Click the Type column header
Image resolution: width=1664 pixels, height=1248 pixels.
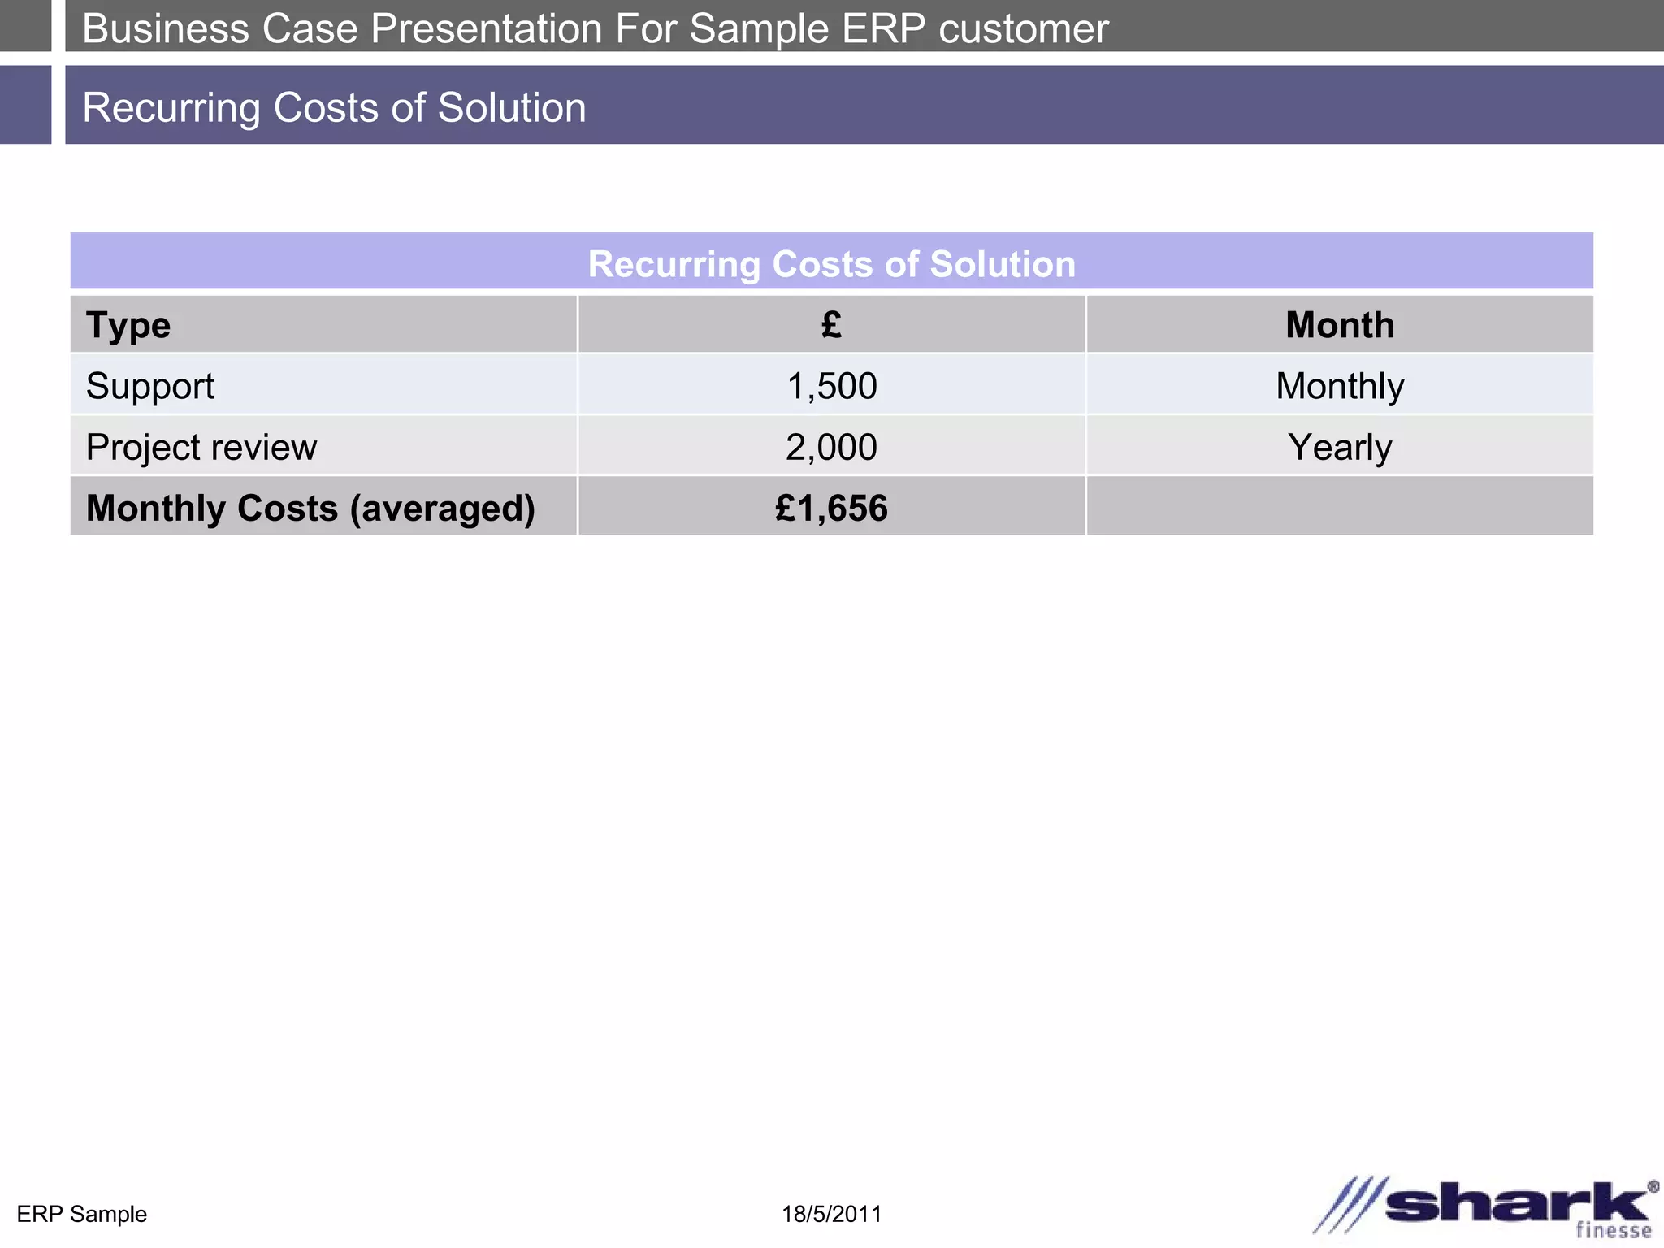[128, 325]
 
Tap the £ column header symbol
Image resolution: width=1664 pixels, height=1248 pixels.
[831, 325]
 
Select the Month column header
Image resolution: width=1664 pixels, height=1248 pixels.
[1340, 325]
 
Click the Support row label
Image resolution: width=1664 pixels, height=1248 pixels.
[150, 386]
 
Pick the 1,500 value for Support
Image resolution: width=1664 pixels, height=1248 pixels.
[832, 386]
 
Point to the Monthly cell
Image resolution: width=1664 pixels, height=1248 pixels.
[1340, 386]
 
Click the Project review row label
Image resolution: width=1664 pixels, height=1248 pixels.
[201, 447]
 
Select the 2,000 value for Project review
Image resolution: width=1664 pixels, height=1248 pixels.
[831, 447]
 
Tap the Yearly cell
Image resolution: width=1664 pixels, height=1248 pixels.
[1340, 447]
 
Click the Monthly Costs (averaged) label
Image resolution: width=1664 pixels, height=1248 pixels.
[310, 508]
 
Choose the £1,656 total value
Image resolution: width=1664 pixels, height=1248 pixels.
[831, 508]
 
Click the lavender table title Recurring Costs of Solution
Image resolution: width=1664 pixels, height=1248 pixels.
[831, 264]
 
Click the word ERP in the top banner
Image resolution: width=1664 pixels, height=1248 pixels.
[883, 28]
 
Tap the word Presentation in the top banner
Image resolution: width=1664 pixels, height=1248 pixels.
[486, 28]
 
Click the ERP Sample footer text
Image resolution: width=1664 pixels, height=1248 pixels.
[81, 1214]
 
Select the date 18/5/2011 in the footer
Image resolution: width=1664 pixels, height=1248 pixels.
[831, 1214]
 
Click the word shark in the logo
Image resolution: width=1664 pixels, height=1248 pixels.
[1518, 1202]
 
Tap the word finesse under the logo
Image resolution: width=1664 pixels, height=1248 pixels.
[1614, 1230]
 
